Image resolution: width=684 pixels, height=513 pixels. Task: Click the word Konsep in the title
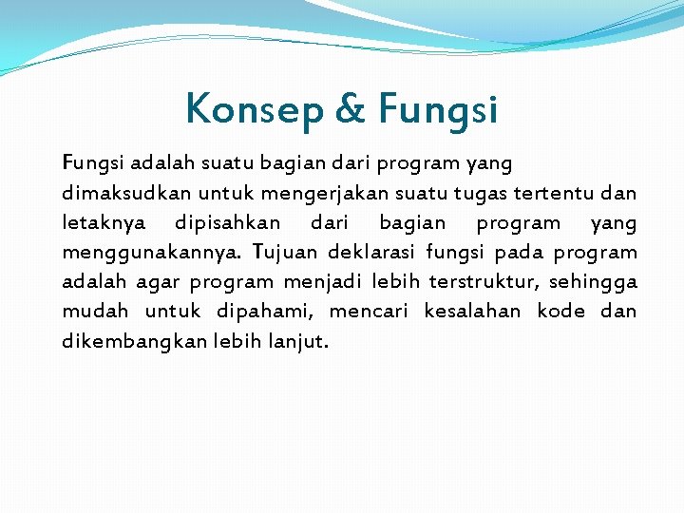click(256, 109)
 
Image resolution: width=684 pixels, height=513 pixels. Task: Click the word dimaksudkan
click(119, 193)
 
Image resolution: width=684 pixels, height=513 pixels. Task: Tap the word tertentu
click(555, 193)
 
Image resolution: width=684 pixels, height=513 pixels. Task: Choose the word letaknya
click(104, 223)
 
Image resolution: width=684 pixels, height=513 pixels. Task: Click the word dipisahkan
click(227, 223)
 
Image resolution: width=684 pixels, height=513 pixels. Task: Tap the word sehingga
click(595, 282)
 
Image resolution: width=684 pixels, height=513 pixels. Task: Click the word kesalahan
click(472, 311)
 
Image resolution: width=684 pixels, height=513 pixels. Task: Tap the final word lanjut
click(299, 341)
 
